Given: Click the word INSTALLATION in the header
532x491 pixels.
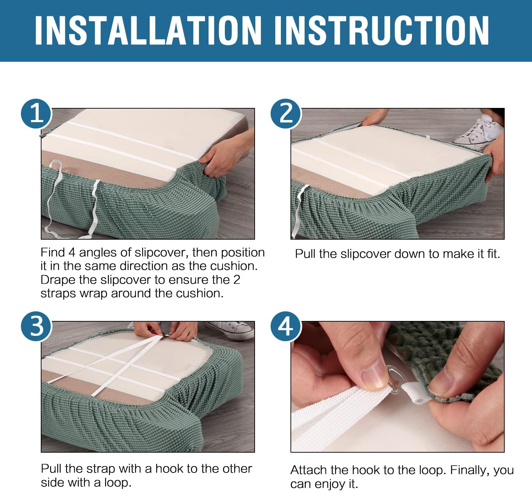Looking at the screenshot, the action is point(148,30).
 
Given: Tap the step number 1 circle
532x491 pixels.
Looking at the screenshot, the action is point(36,114).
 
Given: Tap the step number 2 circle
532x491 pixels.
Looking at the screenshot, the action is point(286,114).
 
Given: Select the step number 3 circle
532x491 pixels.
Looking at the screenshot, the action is point(36,326).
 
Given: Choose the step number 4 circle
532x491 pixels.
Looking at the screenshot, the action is point(286,326).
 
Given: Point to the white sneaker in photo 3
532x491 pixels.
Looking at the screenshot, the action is point(231,330).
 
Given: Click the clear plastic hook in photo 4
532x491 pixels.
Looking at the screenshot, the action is point(392,378).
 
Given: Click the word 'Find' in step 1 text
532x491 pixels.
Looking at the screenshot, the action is point(52,252).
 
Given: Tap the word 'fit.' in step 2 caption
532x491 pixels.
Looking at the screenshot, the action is point(493,254).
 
